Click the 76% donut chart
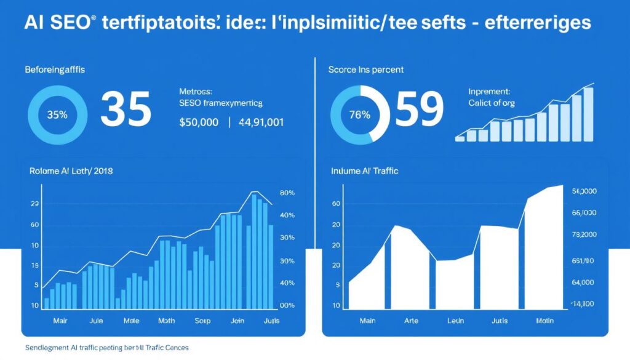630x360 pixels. click(360, 114)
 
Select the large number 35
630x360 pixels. click(126, 110)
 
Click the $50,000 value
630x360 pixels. click(199, 122)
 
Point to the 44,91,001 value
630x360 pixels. click(261, 122)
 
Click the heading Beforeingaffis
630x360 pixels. click(55, 70)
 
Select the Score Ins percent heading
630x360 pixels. click(366, 70)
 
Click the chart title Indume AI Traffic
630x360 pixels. click(364, 170)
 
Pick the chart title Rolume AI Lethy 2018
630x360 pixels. click(71, 170)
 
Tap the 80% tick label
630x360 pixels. click(287, 193)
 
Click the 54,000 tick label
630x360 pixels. click(584, 191)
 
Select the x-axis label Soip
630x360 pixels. click(202, 321)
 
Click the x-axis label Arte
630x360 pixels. click(410, 321)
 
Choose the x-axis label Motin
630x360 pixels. click(545, 321)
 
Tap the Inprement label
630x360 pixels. click(489, 91)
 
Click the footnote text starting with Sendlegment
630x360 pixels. click(107, 348)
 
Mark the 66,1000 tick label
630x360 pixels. click(584, 213)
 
